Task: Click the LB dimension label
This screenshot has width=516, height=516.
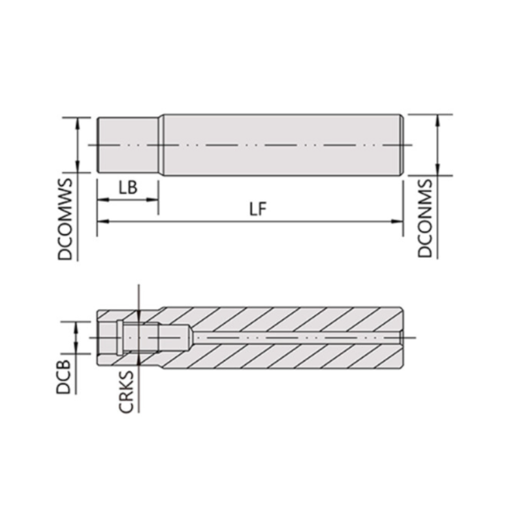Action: click(x=128, y=188)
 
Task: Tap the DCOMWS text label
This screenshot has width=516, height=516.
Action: click(x=66, y=219)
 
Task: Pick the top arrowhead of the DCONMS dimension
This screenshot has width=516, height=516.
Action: click(x=438, y=119)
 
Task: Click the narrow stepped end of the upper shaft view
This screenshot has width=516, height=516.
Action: click(x=128, y=145)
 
